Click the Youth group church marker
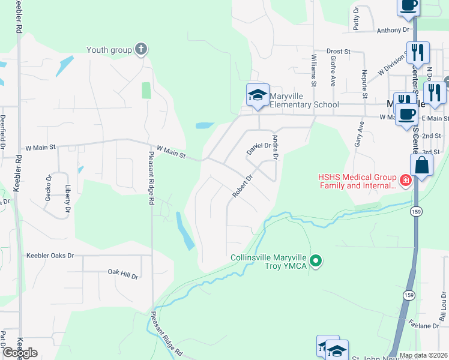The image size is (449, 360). coord(141,50)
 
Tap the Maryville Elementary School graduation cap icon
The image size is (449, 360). coord(258,95)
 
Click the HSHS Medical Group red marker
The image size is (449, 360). coord(406,179)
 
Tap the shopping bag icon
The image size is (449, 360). coord(422,166)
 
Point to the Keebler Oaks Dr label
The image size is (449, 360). coord(50,256)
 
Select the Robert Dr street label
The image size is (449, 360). coord(243,186)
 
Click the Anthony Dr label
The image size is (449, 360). coord(393,29)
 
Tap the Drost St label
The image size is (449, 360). coord(338,52)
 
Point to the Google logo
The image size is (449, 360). coord(20,353)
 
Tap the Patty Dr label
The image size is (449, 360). coord(357,19)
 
